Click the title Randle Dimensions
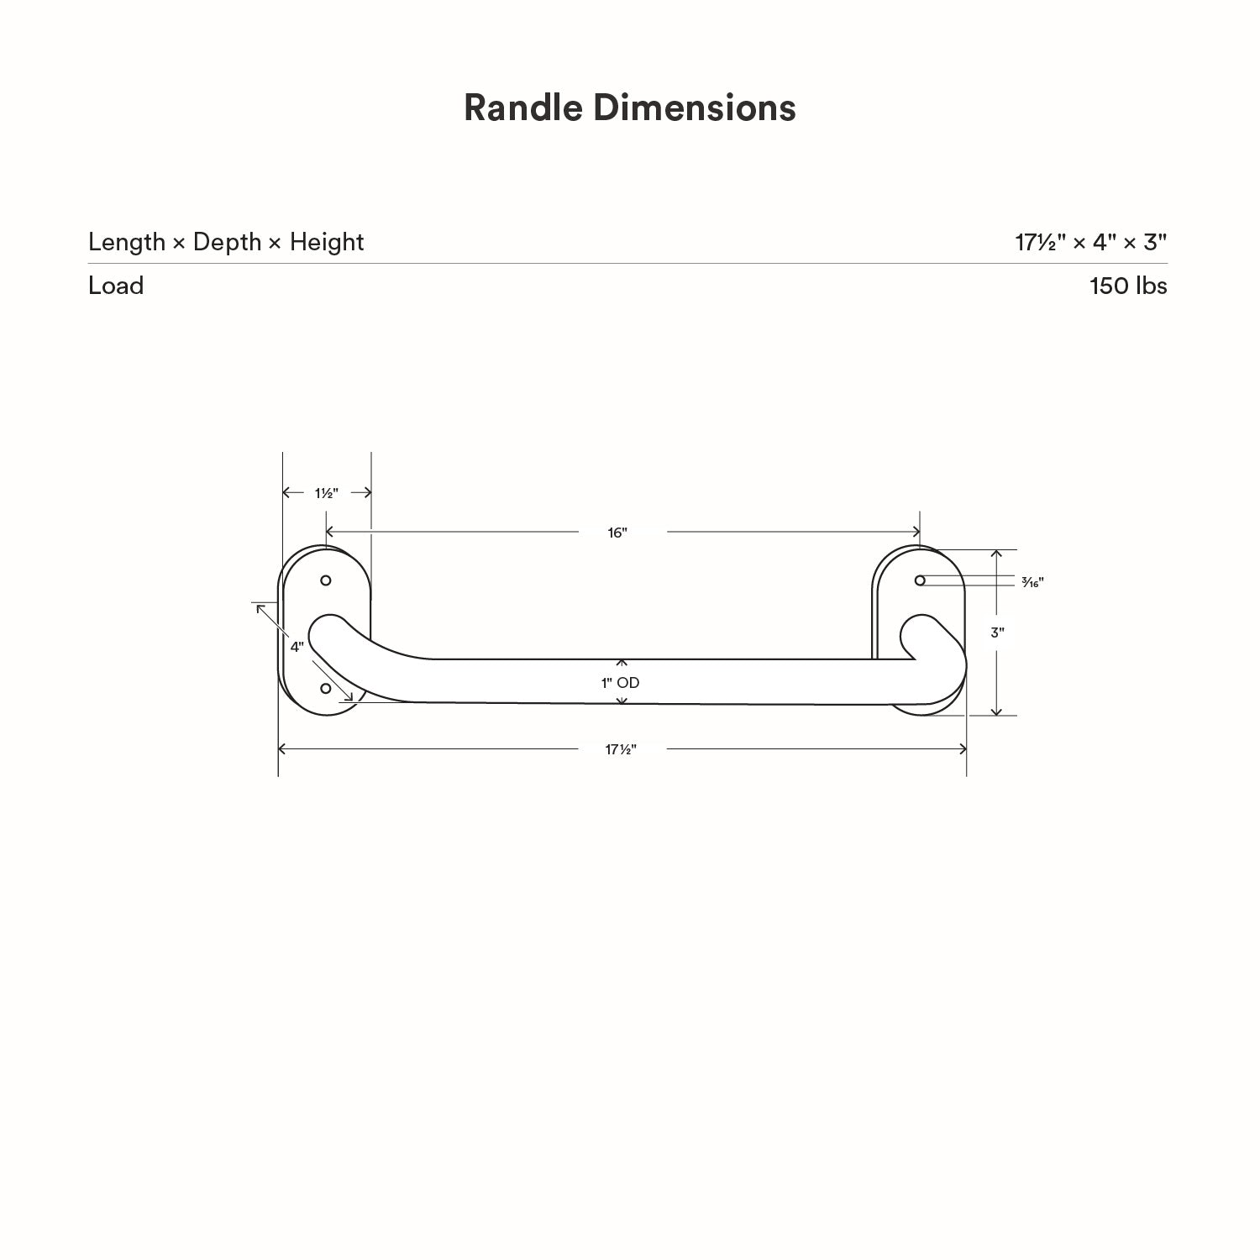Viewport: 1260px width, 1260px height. pos(629,108)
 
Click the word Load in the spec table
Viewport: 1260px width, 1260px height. pos(116,286)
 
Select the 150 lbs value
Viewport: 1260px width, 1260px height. pos(1127,286)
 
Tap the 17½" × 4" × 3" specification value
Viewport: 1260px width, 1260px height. pos(1090,242)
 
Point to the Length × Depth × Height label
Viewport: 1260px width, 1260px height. pos(226,242)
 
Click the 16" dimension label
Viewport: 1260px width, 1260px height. pos(617,533)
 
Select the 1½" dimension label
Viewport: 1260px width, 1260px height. pos(327,493)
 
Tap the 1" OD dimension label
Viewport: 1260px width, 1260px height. pos(620,683)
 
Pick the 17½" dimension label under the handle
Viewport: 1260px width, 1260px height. pos(621,749)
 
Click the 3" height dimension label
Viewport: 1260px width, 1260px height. pos(997,633)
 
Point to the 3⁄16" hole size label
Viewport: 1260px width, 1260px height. pos(1032,582)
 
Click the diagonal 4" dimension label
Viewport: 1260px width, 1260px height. pos(297,647)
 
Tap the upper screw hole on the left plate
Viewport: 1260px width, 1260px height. pos(326,580)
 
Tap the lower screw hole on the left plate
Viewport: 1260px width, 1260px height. pos(326,689)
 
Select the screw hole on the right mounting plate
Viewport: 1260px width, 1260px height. pos(920,580)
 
